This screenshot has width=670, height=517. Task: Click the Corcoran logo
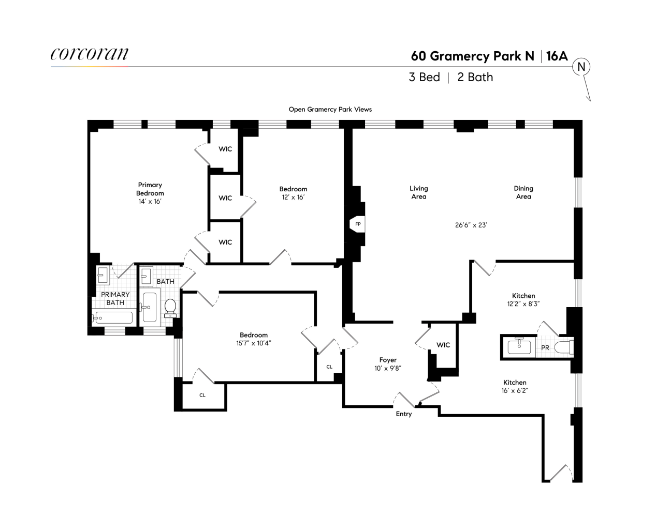tap(90, 55)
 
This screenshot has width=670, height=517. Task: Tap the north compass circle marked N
tap(581, 67)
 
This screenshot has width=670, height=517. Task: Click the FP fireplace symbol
tap(358, 224)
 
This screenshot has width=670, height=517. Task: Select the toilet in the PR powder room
tap(563, 348)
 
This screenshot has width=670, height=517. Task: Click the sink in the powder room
tap(519, 346)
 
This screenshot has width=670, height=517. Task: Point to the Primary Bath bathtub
tap(113, 317)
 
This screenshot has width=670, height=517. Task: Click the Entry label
tap(404, 414)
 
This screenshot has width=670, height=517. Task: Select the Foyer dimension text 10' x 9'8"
tap(388, 368)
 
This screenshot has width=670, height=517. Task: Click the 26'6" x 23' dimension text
tap(471, 225)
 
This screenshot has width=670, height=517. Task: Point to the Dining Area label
tap(523, 192)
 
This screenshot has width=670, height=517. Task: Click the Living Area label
tap(418, 192)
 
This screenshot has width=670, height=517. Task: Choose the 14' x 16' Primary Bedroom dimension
tap(150, 201)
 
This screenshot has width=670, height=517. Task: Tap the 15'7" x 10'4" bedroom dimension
tap(254, 343)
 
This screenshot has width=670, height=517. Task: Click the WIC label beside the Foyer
tap(443, 345)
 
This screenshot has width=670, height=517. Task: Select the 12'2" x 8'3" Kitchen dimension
tap(524, 304)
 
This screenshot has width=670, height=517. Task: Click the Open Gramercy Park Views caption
tap(330, 109)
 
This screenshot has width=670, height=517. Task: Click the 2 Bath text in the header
tap(475, 78)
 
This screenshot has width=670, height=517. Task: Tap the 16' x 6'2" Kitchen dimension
tap(515, 391)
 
